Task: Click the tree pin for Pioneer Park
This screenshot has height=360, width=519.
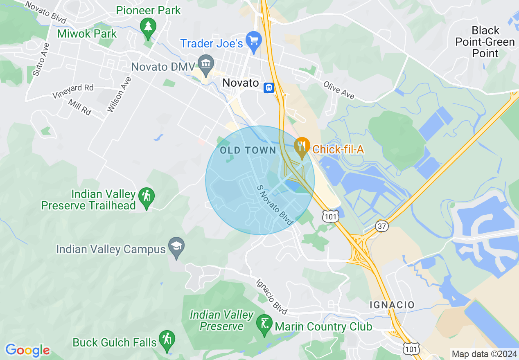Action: pos(148,27)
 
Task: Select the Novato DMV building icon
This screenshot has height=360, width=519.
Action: pos(205,63)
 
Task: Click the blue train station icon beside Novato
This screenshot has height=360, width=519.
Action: pos(269,88)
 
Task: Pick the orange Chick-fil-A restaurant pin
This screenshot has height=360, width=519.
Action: pos(302,146)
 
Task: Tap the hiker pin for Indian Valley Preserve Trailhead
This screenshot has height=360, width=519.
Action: pos(147,197)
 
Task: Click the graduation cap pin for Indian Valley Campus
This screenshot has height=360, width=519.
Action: pos(176,246)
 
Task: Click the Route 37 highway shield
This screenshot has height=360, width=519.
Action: pos(381,226)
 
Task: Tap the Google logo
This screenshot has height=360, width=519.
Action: pos(27,350)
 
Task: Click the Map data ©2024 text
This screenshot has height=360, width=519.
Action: pos(484,354)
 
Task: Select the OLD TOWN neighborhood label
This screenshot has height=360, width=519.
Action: pos(248,151)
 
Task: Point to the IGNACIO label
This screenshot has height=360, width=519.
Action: pos(392,305)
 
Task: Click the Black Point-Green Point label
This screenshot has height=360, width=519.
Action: pos(485,42)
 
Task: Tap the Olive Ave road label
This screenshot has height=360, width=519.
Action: pos(338,90)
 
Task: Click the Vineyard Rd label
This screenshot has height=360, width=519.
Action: pos(73,91)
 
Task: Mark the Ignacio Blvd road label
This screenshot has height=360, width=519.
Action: pos(271,297)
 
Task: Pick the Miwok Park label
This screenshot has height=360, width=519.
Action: pos(87,34)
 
